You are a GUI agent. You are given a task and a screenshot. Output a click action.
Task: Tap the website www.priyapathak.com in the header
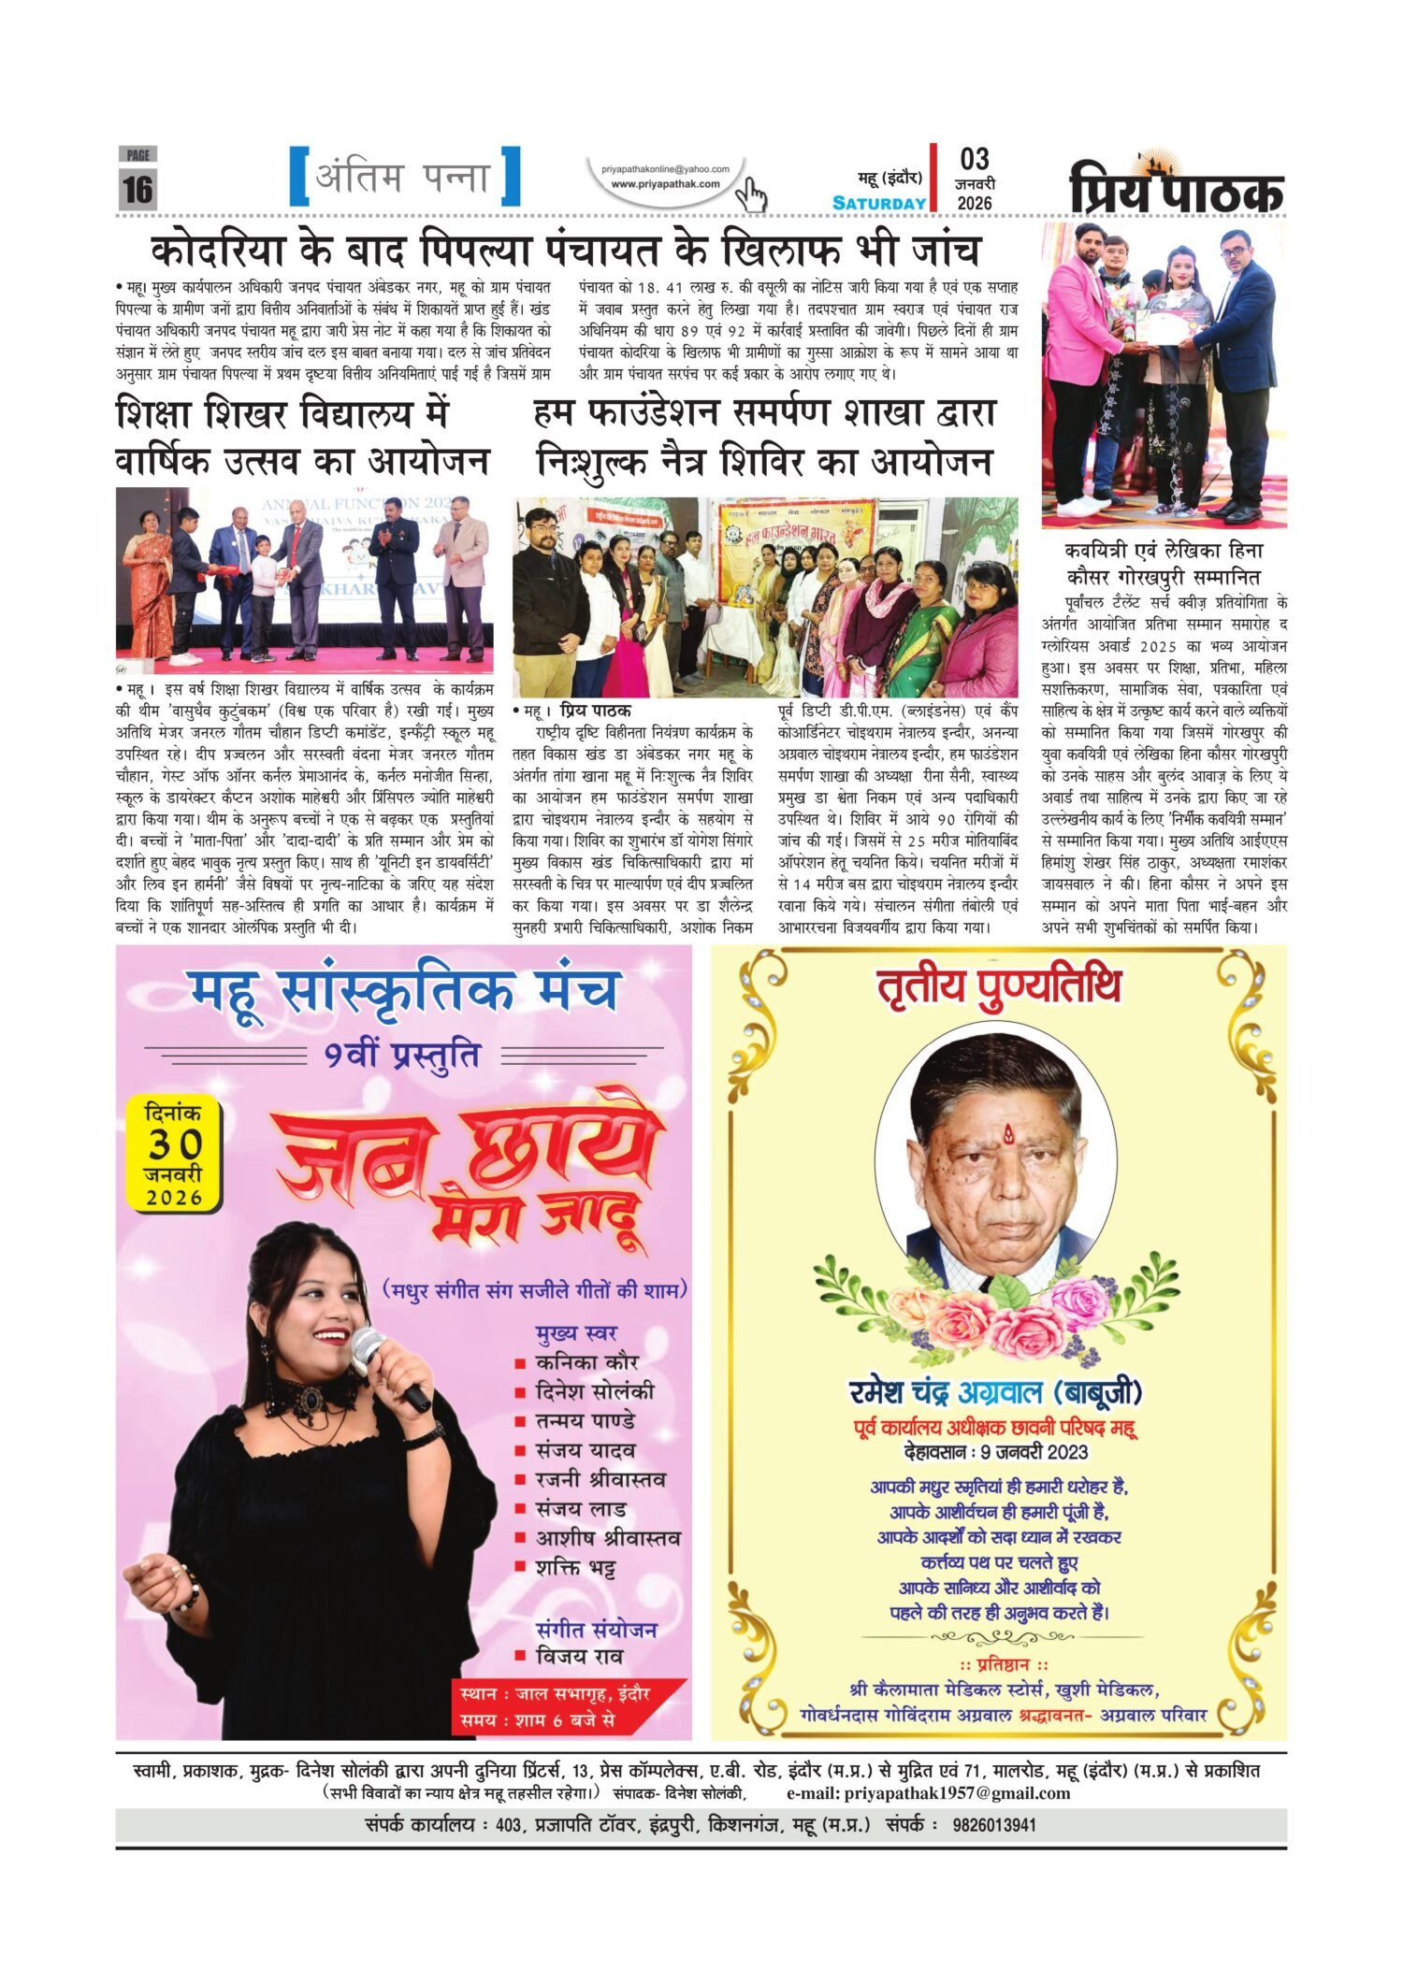click(665, 184)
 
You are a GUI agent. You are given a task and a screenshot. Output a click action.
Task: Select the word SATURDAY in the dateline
click(879, 203)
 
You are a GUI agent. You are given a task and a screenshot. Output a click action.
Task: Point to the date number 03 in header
click(974, 159)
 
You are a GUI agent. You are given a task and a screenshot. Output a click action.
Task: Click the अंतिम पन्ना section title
click(404, 176)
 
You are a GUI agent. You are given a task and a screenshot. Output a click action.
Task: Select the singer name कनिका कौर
click(586, 1362)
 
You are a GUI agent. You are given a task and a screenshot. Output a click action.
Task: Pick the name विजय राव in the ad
click(579, 1656)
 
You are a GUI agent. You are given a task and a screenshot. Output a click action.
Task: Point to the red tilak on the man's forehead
click(1007, 1136)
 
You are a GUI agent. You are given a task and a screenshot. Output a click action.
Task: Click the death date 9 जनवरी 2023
click(997, 1452)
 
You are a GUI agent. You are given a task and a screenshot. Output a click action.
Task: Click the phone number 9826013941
click(994, 1825)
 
